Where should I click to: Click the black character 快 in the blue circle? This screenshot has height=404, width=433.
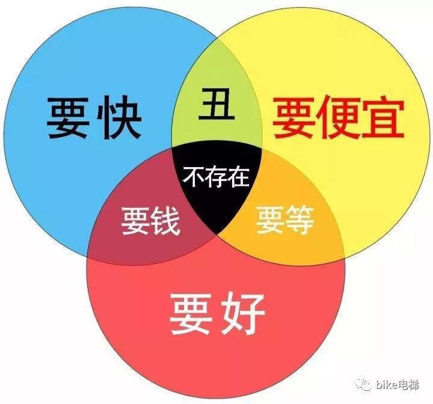click(119, 117)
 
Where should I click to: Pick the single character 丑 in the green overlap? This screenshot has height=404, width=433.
click(216, 103)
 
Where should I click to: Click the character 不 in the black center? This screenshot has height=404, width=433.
click(193, 177)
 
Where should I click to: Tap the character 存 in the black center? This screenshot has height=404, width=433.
click(216, 177)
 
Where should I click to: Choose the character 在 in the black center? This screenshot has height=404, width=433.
click(238, 177)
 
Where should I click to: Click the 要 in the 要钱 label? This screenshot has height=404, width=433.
click(136, 221)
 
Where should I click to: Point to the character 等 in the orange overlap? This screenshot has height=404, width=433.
click(300, 221)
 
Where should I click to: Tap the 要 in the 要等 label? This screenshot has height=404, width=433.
click(271, 221)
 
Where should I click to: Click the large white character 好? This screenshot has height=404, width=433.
click(243, 314)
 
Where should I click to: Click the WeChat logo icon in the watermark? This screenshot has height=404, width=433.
click(364, 384)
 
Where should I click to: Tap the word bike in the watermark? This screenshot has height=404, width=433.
click(386, 384)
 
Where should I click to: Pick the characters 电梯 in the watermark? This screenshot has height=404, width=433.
click(408, 384)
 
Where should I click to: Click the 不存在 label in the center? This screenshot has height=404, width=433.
click(216, 177)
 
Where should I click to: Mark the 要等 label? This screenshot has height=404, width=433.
click(285, 221)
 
